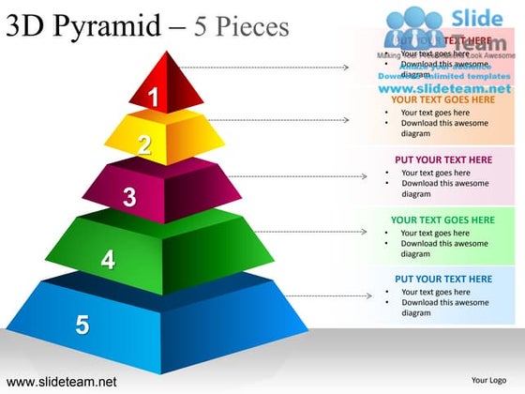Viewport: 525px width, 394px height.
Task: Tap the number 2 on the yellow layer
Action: [x=143, y=144]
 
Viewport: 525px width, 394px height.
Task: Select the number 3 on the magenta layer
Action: [x=129, y=197]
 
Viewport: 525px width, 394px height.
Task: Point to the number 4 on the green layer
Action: [x=109, y=260]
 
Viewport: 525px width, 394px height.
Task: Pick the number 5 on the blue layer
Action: [x=82, y=325]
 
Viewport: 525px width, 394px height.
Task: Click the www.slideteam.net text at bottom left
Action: [x=61, y=382]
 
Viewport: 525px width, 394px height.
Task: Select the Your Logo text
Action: [x=488, y=381]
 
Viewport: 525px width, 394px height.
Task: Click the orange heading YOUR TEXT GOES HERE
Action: [x=442, y=99]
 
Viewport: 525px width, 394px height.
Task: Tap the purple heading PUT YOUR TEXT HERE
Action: [x=442, y=159]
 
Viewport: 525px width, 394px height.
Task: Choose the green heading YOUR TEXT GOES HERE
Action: [x=442, y=220]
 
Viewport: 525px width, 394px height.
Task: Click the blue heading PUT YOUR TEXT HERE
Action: [x=442, y=279]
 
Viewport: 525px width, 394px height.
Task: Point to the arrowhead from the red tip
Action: [x=347, y=68]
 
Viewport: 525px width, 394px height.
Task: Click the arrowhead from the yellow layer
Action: [x=347, y=120]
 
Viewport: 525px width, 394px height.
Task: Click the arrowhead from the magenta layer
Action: [x=365, y=176]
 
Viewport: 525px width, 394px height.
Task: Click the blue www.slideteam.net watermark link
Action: [x=445, y=87]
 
